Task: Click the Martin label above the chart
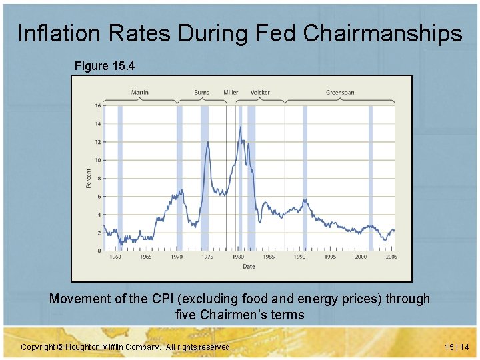pos(140,92)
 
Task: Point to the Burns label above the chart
pos(201,92)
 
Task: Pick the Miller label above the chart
pos(231,92)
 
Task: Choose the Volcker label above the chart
pos(261,92)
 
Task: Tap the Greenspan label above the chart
pos(340,92)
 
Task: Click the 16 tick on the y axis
pos(97,106)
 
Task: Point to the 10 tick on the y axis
pos(97,160)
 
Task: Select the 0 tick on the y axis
pos(99,251)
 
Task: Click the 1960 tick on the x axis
pos(115,257)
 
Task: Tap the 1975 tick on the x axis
pos(207,257)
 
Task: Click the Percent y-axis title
pos(89,178)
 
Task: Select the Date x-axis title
pos(248,266)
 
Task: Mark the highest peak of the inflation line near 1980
pos(240,126)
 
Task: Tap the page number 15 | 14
pos(455,347)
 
